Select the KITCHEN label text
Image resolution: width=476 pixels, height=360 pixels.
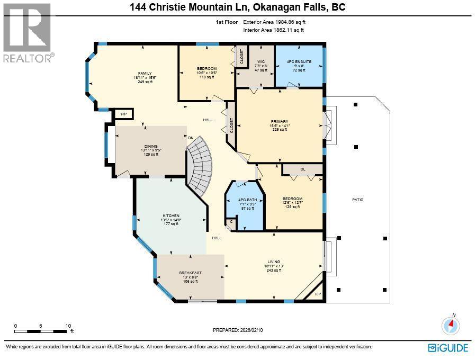point(170,215)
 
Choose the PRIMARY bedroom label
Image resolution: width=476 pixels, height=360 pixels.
point(279,121)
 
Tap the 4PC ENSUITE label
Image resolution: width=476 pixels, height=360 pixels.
point(299,62)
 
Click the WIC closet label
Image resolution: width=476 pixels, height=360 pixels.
point(261,61)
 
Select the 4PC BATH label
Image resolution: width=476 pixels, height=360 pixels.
point(244,199)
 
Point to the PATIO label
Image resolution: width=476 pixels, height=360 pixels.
point(358,200)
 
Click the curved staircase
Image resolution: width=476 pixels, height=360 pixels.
point(200,166)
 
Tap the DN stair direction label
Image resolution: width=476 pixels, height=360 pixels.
point(191,138)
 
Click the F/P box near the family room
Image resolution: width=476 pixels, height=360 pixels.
point(123,114)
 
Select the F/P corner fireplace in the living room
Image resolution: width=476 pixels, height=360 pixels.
point(317,294)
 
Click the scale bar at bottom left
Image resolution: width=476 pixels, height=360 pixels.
point(42,331)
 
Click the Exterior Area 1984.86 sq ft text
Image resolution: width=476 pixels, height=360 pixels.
point(274,23)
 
